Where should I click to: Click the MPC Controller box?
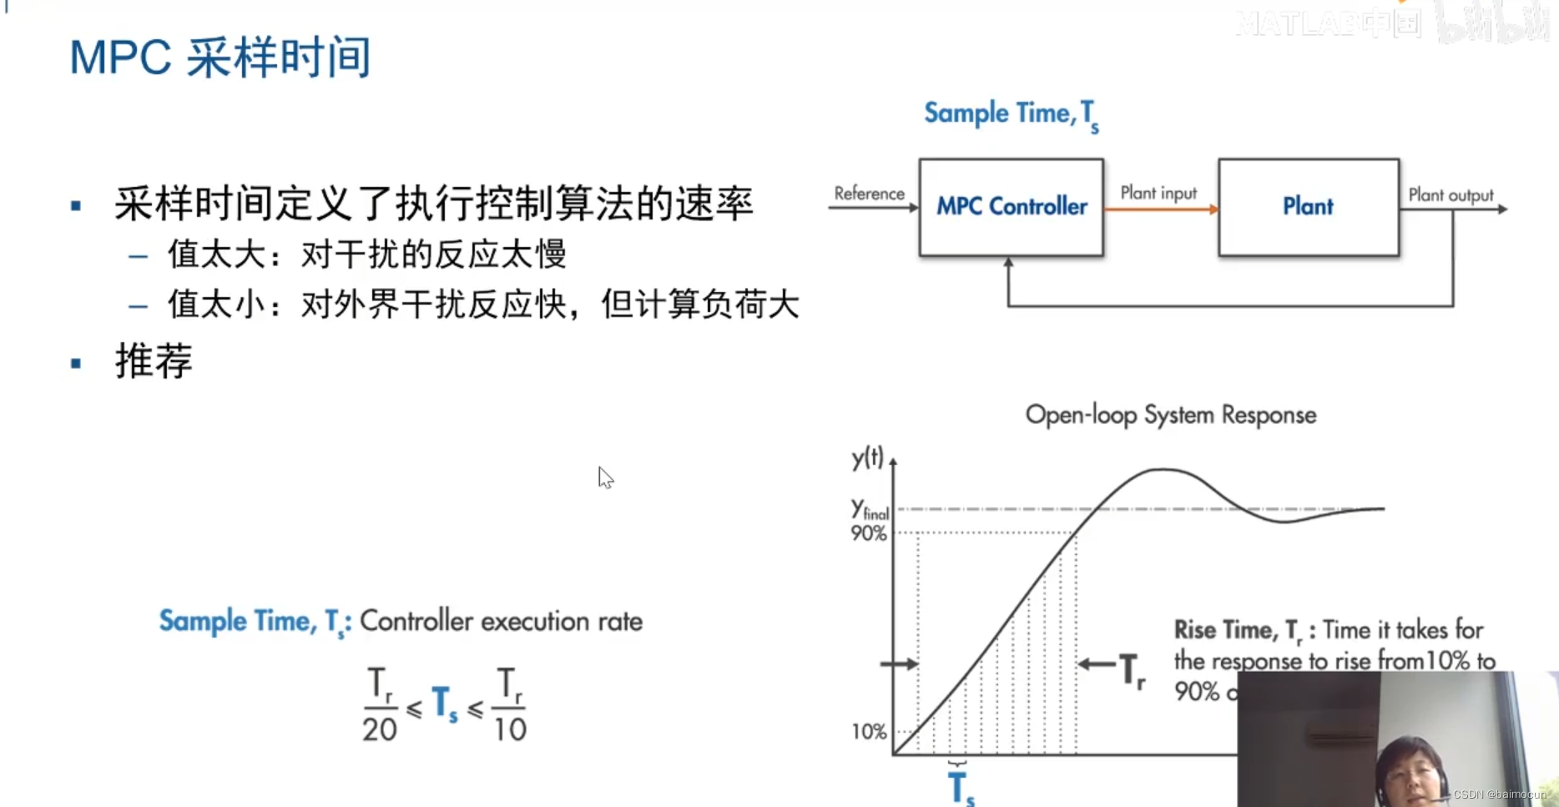tap(1011, 207)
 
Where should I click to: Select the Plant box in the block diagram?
tap(1308, 207)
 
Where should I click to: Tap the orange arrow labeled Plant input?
tap(1160, 209)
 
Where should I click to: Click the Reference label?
tap(869, 194)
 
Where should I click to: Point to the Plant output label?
tap(1451, 195)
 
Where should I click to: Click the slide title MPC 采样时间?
tap(219, 58)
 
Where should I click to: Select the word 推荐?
tap(154, 361)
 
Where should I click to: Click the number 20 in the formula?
tap(379, 729)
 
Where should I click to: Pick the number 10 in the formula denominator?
tap(509, 729)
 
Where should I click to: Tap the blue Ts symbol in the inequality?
tap(444, 704)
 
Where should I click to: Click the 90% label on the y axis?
tap(868, 533)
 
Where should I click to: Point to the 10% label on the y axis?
tap(868, 732)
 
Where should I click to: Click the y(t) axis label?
tap(867, 457)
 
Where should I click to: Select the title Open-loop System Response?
tap(1170, 415)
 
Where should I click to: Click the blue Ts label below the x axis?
tap(961, 788)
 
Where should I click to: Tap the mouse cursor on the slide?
tap(605, 477)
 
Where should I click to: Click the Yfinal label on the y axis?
tap(869, 509)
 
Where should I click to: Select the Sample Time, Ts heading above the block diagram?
tap(1011, 114)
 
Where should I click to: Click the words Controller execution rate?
tap(501, 622)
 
